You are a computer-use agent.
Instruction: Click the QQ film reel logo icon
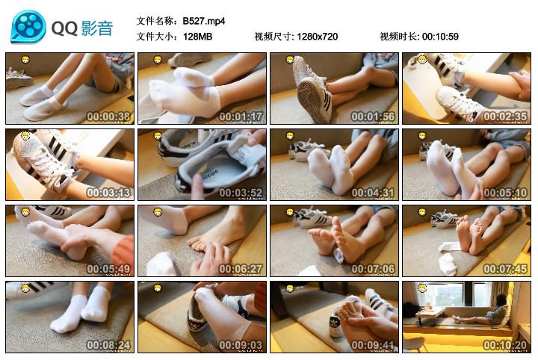point(28,28)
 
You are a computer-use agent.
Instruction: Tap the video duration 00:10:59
point(440,37)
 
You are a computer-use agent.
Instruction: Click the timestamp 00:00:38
point(109,117)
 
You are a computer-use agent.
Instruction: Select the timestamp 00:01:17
point(241,117)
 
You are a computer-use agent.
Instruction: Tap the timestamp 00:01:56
point(374,117)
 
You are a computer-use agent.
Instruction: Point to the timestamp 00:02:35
point(506,117)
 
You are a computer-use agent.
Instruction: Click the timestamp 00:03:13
point(109,193)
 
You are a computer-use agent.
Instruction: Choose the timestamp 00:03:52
point(241,193)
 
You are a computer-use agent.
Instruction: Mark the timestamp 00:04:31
point(374,193)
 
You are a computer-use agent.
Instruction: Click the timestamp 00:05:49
point(109,269)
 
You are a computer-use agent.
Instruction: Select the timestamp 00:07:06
point(374,269)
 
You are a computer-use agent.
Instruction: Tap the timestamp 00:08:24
point(109,345)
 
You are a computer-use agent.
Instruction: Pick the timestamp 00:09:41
point(374,345)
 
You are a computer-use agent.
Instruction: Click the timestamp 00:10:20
point(506,345)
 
